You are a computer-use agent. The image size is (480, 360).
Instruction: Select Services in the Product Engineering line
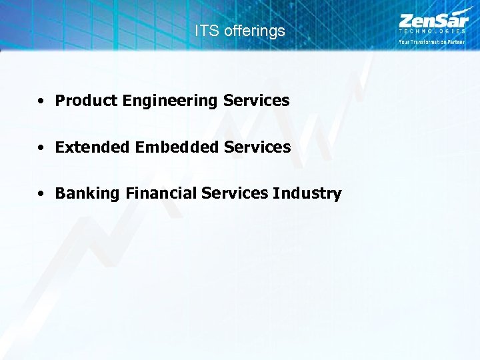click(256, 101)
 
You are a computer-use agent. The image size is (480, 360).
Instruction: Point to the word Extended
click(93, 147)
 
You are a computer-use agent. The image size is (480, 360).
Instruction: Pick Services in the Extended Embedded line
click(257, 147)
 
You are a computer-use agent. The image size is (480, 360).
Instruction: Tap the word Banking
click(86, 193)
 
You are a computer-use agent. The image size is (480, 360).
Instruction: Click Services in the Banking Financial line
click(234, 193)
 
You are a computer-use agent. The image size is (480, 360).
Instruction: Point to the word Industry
click(307, 193)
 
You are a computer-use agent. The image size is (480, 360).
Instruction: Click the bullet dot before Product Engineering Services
click(41, 101)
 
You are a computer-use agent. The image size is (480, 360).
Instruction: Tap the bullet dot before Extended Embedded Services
click(41, 147)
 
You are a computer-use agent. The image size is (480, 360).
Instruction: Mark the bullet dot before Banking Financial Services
click(41, 194)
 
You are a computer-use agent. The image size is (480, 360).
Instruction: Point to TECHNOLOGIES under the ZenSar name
click(432, 31)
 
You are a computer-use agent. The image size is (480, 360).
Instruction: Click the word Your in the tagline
click(405, 41)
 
